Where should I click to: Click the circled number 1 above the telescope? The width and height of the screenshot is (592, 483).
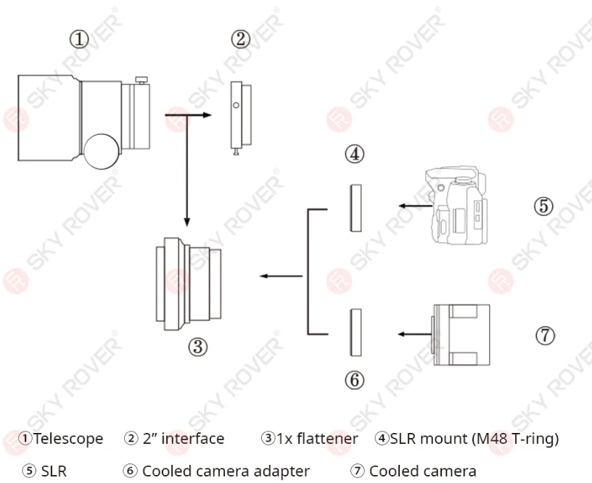click(79, 39)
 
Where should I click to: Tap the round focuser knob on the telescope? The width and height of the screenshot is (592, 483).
click(101, 152)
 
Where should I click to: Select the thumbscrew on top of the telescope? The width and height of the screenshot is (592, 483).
click(141, 80)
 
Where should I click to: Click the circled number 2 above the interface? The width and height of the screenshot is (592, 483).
click(241, 39)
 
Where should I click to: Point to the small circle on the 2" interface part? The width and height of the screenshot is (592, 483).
click(236, 106)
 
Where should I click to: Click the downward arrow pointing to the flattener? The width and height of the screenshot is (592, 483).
click(186, 170)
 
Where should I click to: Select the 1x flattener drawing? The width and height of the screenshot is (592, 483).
click(189, 284)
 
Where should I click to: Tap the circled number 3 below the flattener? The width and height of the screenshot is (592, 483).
click(198, 347)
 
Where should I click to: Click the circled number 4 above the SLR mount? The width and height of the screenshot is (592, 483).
click(355, 154)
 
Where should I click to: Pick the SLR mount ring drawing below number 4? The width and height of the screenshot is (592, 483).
click(355, 208)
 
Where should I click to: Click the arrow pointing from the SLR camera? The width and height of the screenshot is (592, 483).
click(416, 206)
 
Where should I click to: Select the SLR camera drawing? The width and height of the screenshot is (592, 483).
click(456, 205)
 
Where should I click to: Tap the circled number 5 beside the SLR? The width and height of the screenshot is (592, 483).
click(543, 206)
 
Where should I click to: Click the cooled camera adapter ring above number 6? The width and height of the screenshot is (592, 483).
click(355, 332)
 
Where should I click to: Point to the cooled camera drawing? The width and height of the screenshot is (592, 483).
click(461, 335)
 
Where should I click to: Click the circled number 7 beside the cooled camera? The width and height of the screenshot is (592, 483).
click(545, 335)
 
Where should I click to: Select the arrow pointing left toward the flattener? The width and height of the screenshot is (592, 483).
click(281, 276)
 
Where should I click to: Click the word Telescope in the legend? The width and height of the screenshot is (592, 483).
click(68, 439)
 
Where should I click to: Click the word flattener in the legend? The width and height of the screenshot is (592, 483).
click(327, 439)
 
